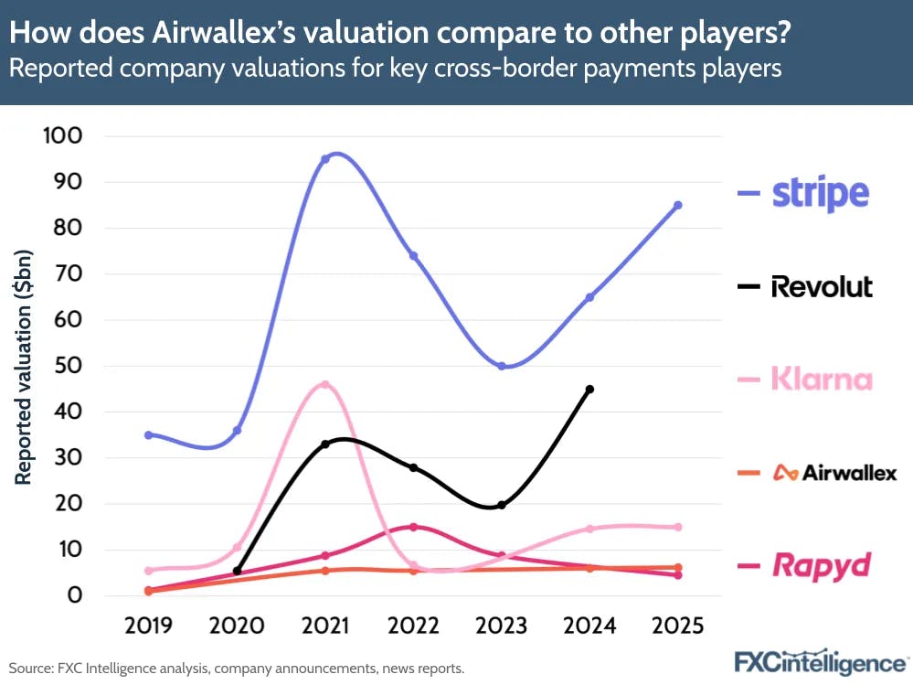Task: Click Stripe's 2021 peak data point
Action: coord(324,159)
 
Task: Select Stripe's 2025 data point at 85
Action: coord(677,205)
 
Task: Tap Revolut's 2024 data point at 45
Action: coord(589,389)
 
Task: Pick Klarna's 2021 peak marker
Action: coord(324,384)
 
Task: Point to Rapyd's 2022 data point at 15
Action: coord(413,527)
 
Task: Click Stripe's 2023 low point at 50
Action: coord(502,366)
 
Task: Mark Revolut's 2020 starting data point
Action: coord(238,571)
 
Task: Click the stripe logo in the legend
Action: coord(820,193)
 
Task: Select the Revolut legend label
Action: coord(822,286)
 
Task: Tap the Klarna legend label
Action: coord(821,379)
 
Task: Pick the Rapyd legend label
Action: coord(821,565)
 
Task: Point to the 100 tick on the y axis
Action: coord(62,136)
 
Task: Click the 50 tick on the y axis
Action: coord(69,366)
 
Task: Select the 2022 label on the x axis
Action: coord(413,626)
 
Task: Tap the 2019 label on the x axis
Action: coord(148,626)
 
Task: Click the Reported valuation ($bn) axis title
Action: coord(24,366)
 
